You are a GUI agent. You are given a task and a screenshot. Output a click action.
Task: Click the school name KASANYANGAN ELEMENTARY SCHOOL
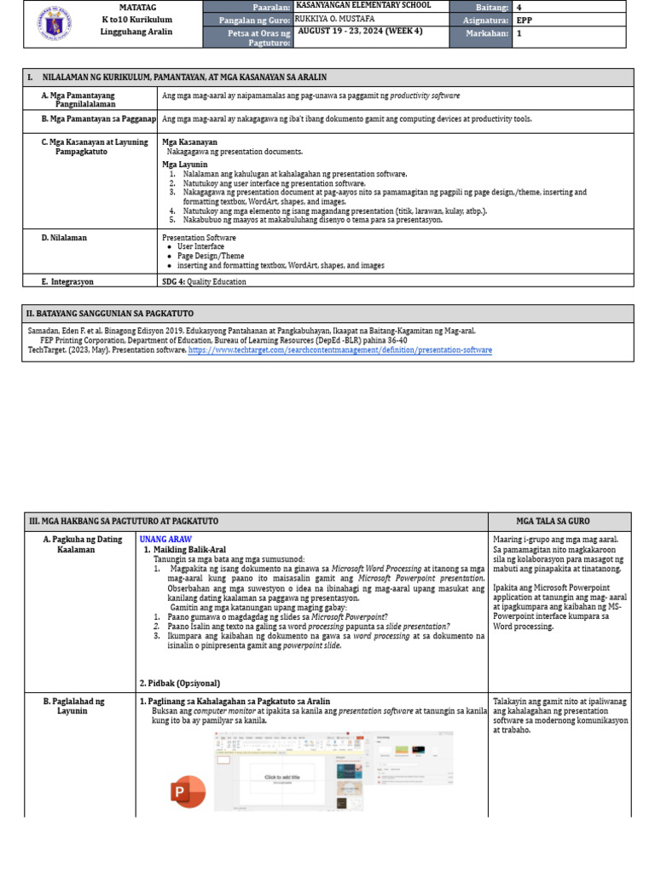362,5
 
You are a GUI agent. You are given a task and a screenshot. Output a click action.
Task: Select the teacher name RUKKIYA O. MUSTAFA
333,19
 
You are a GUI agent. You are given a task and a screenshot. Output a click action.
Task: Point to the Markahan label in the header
487,33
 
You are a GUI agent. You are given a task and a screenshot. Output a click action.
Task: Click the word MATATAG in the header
136,7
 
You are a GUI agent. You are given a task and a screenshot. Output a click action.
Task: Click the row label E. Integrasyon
67,280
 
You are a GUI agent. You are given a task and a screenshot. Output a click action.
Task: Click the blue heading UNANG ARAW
165,539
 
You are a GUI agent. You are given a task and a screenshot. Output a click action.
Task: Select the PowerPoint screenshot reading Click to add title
287,772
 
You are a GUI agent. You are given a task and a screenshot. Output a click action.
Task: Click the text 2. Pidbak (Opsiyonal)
179,683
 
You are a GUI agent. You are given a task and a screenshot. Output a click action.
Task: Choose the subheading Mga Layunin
185,164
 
